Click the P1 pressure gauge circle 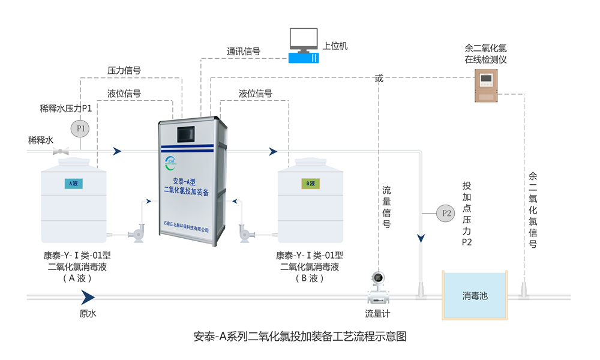point(79,128)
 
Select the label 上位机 point(335,46)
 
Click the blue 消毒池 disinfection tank point(474,295)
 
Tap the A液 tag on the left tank point(73,184)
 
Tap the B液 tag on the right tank point(311,184)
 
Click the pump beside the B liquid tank point(245,233)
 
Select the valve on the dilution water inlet point(61,151)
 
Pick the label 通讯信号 point(243,52)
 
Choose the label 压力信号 point(124,70)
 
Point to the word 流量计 point(378,313)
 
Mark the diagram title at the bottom point(301,337)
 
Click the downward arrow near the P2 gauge point(421,238)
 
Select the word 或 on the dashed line point(378,77)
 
